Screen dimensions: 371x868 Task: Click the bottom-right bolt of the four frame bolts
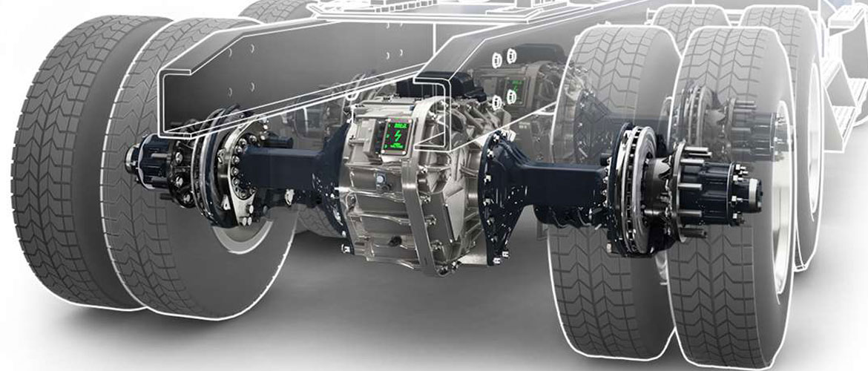[511, 98]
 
